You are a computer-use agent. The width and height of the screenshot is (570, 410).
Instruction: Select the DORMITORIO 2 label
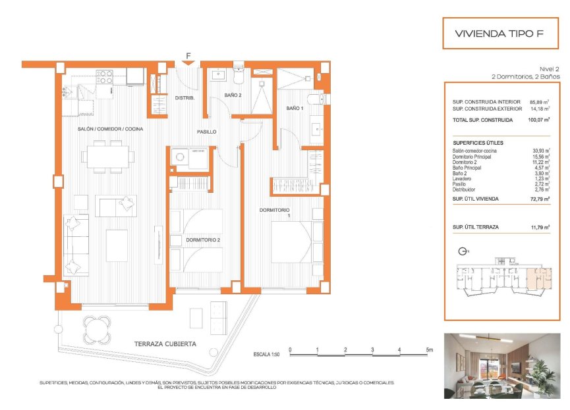coord(202,240)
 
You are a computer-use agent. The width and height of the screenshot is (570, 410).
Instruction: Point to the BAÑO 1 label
coord(295,108)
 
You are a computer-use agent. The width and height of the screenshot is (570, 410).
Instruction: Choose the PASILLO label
coord(206,132)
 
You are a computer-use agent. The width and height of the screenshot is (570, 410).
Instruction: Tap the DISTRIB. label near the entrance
coord(185,98)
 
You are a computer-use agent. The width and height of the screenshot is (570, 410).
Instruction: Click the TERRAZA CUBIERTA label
coord(165,344)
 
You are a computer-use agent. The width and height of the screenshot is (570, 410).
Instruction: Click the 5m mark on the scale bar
coord(429,350)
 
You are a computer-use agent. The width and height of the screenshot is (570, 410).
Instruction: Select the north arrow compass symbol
coord(462,251)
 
